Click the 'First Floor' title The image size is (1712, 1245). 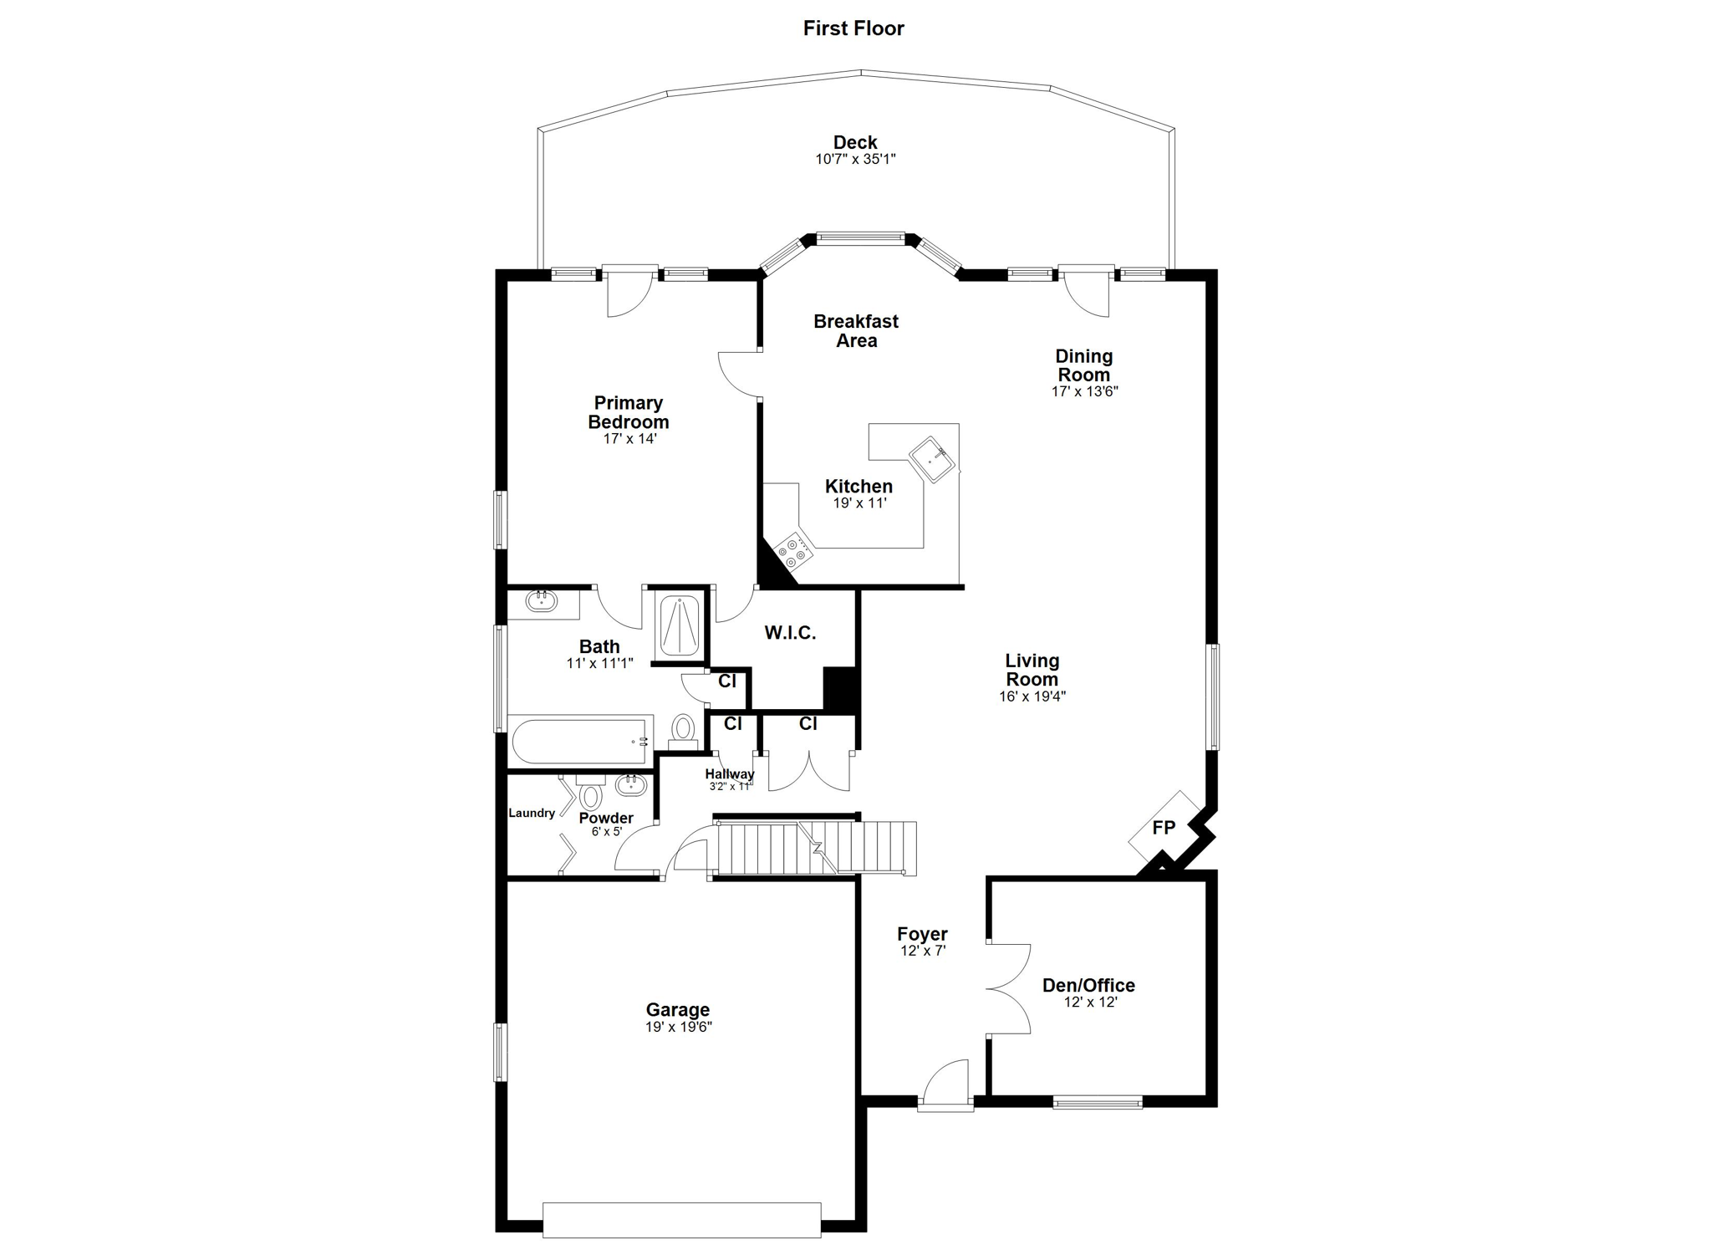853,28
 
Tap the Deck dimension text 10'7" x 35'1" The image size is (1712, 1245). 855,159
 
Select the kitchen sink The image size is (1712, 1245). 932,459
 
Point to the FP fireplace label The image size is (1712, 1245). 1164,828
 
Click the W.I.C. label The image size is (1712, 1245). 790,633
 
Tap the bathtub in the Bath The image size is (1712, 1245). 582,741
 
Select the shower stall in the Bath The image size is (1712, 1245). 679,625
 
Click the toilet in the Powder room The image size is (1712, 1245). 591,793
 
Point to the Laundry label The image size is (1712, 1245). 532,813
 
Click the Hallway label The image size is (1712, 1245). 729,774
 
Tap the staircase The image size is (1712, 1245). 816,848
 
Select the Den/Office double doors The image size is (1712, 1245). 1009,990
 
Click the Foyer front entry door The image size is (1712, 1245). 945,1084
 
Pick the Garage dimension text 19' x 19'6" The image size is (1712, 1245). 678,1027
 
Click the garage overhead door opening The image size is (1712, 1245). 681,1220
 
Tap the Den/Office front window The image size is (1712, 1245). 1098,1103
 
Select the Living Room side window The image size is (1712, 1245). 1211,696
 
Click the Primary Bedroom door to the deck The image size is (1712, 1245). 629,290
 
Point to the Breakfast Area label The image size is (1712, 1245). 856,331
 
